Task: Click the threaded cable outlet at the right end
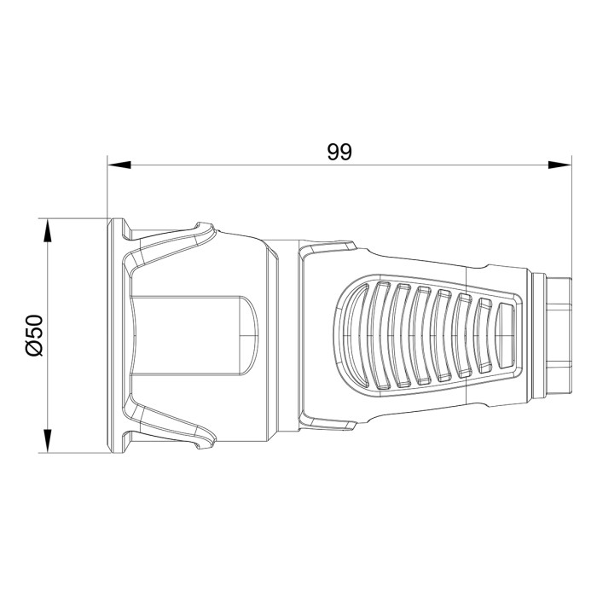[x=559, y=336]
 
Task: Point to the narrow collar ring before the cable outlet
[x=538, y=336]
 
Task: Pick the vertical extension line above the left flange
[x=107, y=188]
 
